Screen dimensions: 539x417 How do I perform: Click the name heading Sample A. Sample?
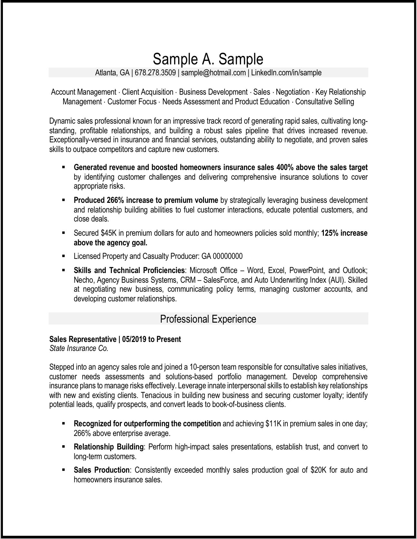coord(208,59)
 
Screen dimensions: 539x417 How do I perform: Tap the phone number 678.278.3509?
coord(155,73)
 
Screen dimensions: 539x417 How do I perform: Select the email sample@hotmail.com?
coord(213,73)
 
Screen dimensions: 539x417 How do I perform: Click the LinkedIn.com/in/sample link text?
coord(286,73)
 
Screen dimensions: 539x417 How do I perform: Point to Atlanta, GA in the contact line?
coord(112,73)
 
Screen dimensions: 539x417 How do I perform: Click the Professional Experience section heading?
coord(208,319)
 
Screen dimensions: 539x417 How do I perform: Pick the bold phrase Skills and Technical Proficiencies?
coord(129,270)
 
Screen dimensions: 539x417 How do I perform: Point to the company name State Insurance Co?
coord(79,348)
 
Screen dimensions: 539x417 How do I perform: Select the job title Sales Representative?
coord(82,339)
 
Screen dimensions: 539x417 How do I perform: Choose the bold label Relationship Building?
coord(108,447)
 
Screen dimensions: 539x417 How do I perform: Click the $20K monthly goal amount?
coord(319,470)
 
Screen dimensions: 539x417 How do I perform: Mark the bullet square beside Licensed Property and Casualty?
coord(63,256)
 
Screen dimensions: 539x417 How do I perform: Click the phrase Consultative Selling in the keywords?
coord(325,102)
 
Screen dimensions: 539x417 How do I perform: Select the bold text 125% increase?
coord(344,233)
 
